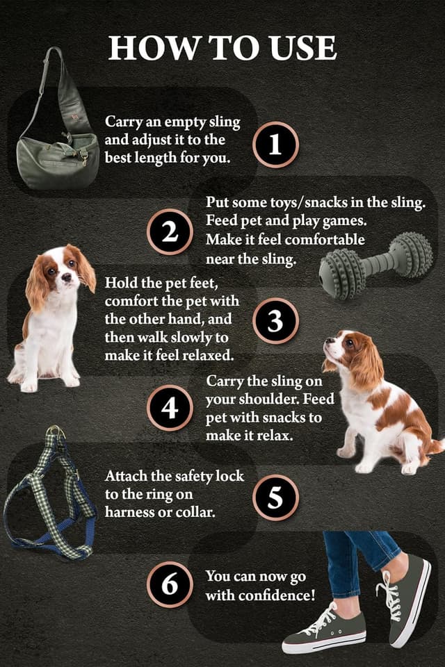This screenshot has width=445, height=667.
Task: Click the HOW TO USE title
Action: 222,48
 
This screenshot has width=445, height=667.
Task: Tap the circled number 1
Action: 275,145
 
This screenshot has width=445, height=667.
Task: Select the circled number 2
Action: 170,232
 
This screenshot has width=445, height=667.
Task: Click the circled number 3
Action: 275,321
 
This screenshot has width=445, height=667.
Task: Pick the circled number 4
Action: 170,408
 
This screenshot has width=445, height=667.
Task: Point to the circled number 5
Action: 275,497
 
